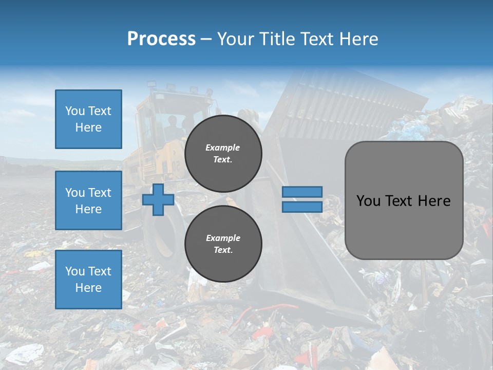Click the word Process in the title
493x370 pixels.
click(161, 39)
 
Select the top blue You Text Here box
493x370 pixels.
click(88, 119)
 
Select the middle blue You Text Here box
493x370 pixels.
click(88, 200)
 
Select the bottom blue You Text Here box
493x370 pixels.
click(88, 280)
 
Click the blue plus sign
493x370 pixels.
click(158, 199)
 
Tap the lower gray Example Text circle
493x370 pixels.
click(223, 244)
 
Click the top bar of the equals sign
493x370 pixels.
click(302, 192)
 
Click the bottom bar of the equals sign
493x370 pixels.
click(302, 207)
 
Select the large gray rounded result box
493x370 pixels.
click(404, 200)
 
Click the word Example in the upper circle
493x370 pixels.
click(223, 147)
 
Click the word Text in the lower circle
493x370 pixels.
click(223, 250)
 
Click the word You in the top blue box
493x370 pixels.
click(74, 111)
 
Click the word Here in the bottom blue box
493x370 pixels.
click(88, 288)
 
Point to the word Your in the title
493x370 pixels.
click(235, 39)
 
